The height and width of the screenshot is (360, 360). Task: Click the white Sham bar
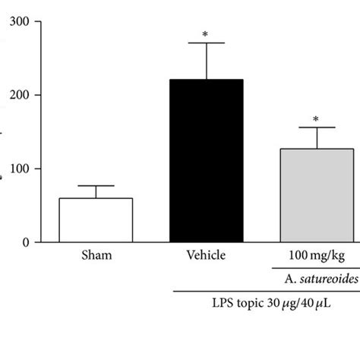96,220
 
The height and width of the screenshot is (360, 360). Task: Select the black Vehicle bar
205,161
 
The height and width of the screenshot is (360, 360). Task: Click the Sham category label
96,256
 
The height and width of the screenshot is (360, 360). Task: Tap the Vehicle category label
205,256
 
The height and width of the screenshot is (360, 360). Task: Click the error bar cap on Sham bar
96,186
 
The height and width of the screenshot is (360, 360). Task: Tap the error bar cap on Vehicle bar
205,43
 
